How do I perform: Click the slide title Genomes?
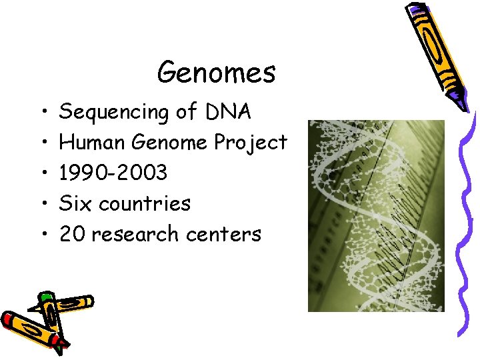tap(216, 73)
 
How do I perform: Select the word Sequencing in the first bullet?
tap(114, 112)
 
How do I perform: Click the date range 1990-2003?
tap(113, 173)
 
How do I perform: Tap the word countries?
tap(145, 203)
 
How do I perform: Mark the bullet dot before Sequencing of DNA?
tap(42, 112)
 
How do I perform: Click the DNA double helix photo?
tap(375, 215)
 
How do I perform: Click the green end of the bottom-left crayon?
tap(46, 297)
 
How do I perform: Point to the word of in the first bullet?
tap(187, 112)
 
